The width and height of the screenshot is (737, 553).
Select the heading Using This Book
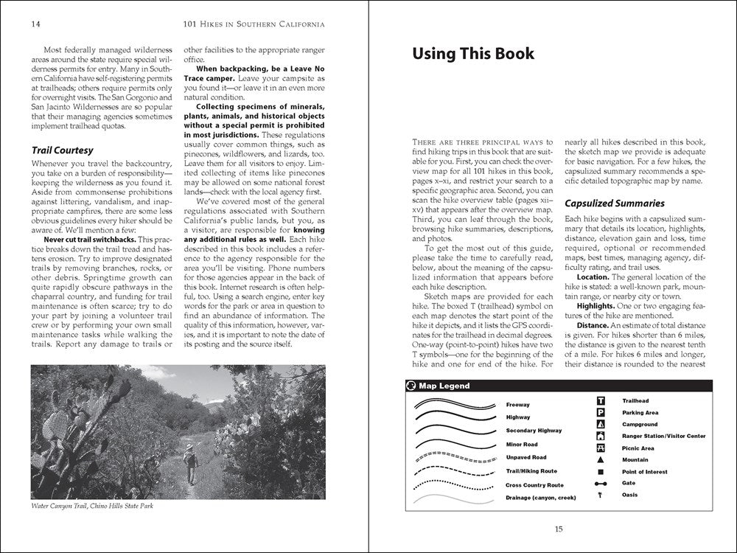(472, 54)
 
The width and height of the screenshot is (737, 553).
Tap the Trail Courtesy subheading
(65, 150)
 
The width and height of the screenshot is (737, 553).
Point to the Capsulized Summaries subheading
(615, 203)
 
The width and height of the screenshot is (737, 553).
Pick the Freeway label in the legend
(517, 405)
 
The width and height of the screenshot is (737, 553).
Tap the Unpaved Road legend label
(526, 458)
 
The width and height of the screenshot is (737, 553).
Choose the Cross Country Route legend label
(534, 485)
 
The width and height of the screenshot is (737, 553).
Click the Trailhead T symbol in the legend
(601, 401)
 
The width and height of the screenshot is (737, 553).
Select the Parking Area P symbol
(601, 413)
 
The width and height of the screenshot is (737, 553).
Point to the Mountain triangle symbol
(601, 459)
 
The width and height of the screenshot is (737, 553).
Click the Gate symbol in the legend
(601, 483)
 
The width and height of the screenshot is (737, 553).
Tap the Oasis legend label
(630, 495)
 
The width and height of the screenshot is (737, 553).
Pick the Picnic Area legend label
(638, 448)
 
